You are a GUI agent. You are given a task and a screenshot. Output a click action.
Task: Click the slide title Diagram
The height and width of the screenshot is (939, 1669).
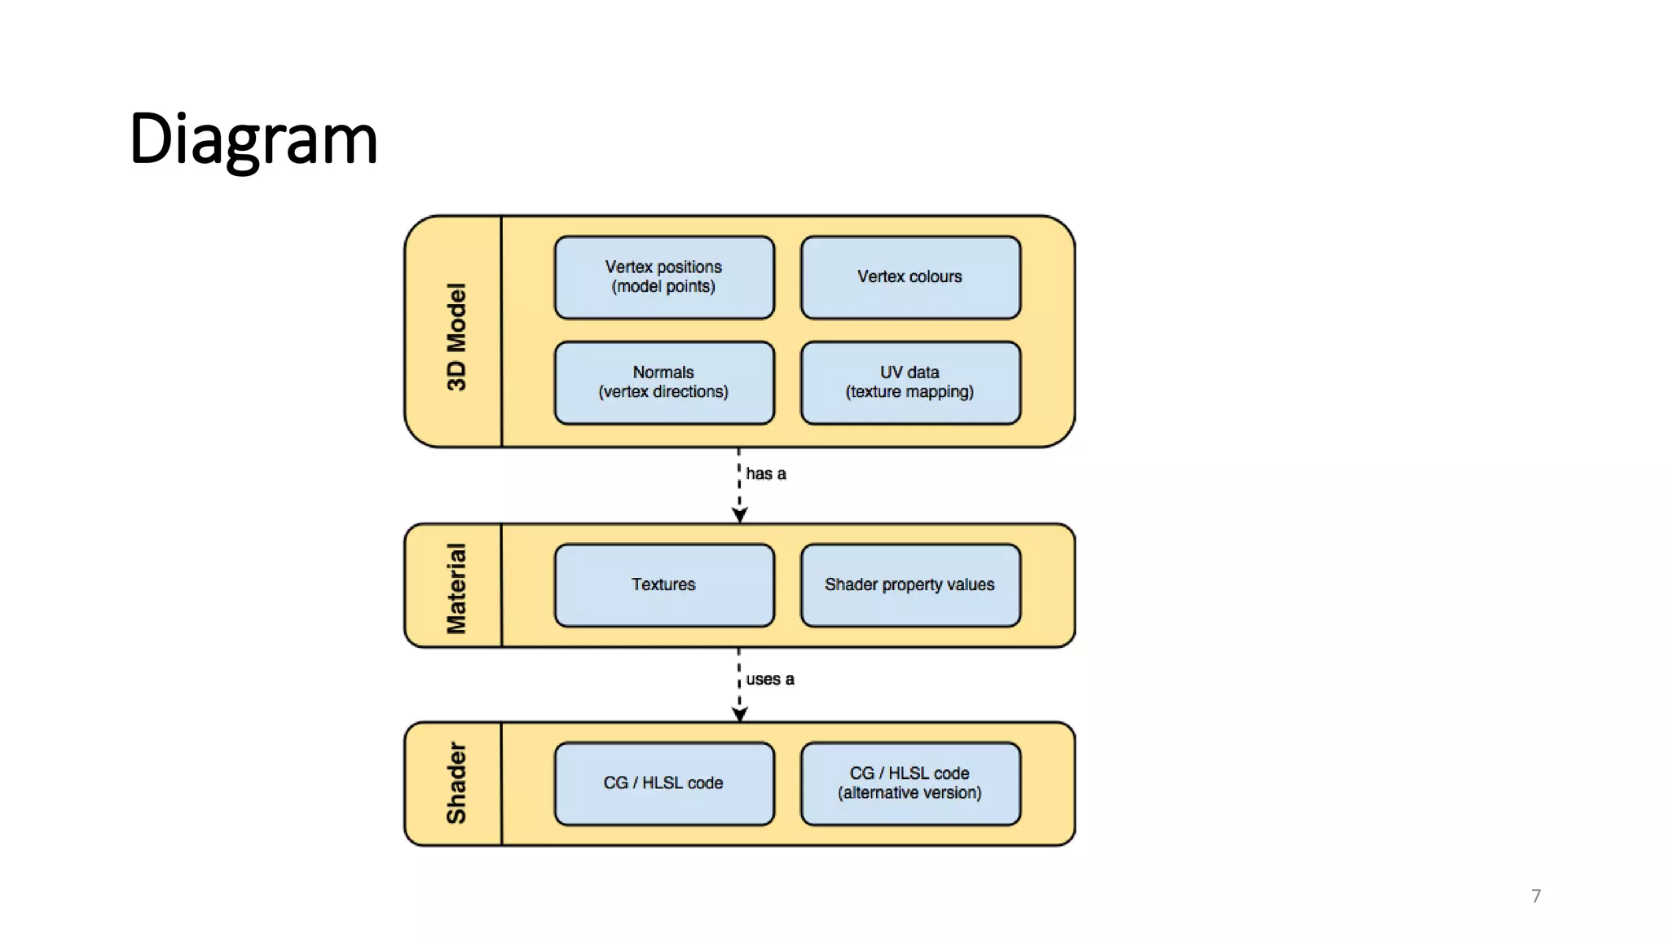(253, 139)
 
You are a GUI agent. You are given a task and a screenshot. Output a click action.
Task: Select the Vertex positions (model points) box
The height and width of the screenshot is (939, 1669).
(664, 277)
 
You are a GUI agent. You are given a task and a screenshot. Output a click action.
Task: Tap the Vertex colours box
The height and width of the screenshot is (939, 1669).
(910, 277)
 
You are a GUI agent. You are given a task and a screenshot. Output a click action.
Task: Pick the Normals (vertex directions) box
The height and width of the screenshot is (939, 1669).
(664, 382)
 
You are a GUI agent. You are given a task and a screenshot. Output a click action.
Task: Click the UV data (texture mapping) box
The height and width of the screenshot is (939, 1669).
(910, 382)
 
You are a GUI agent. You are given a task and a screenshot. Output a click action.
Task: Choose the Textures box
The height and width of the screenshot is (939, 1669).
(664, 585)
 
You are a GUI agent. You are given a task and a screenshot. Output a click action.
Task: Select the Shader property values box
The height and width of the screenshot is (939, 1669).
(910, 585)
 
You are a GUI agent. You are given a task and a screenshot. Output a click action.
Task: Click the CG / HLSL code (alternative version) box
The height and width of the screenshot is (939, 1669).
(910, 783)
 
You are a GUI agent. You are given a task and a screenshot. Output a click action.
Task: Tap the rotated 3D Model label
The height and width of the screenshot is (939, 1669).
(456, 337)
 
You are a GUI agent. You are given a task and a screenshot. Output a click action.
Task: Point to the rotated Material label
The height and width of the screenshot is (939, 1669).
(456, 588)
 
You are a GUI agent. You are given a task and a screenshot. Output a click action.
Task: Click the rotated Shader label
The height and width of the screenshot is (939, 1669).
(456, 782)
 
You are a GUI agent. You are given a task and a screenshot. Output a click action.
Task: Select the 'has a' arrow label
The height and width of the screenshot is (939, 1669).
(766, 474)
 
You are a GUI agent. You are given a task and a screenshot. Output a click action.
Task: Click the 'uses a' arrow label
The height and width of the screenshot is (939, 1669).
(770, 679)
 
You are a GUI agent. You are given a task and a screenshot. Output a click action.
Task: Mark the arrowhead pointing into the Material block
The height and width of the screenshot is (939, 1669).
(739, 515)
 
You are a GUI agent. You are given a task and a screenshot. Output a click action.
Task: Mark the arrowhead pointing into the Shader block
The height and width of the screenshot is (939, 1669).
(739, 714)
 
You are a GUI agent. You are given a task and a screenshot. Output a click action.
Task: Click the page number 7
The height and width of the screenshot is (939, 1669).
(1536, 896)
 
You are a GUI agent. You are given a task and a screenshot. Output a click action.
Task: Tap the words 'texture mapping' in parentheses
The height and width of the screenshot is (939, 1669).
(909, 392)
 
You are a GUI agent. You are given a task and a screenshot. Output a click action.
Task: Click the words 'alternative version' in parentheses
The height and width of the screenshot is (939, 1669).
(909, 793)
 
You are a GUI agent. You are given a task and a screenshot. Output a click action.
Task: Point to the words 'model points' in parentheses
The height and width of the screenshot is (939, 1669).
(663, 287)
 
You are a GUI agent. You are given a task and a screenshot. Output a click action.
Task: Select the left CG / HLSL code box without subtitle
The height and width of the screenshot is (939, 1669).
(664, 783)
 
